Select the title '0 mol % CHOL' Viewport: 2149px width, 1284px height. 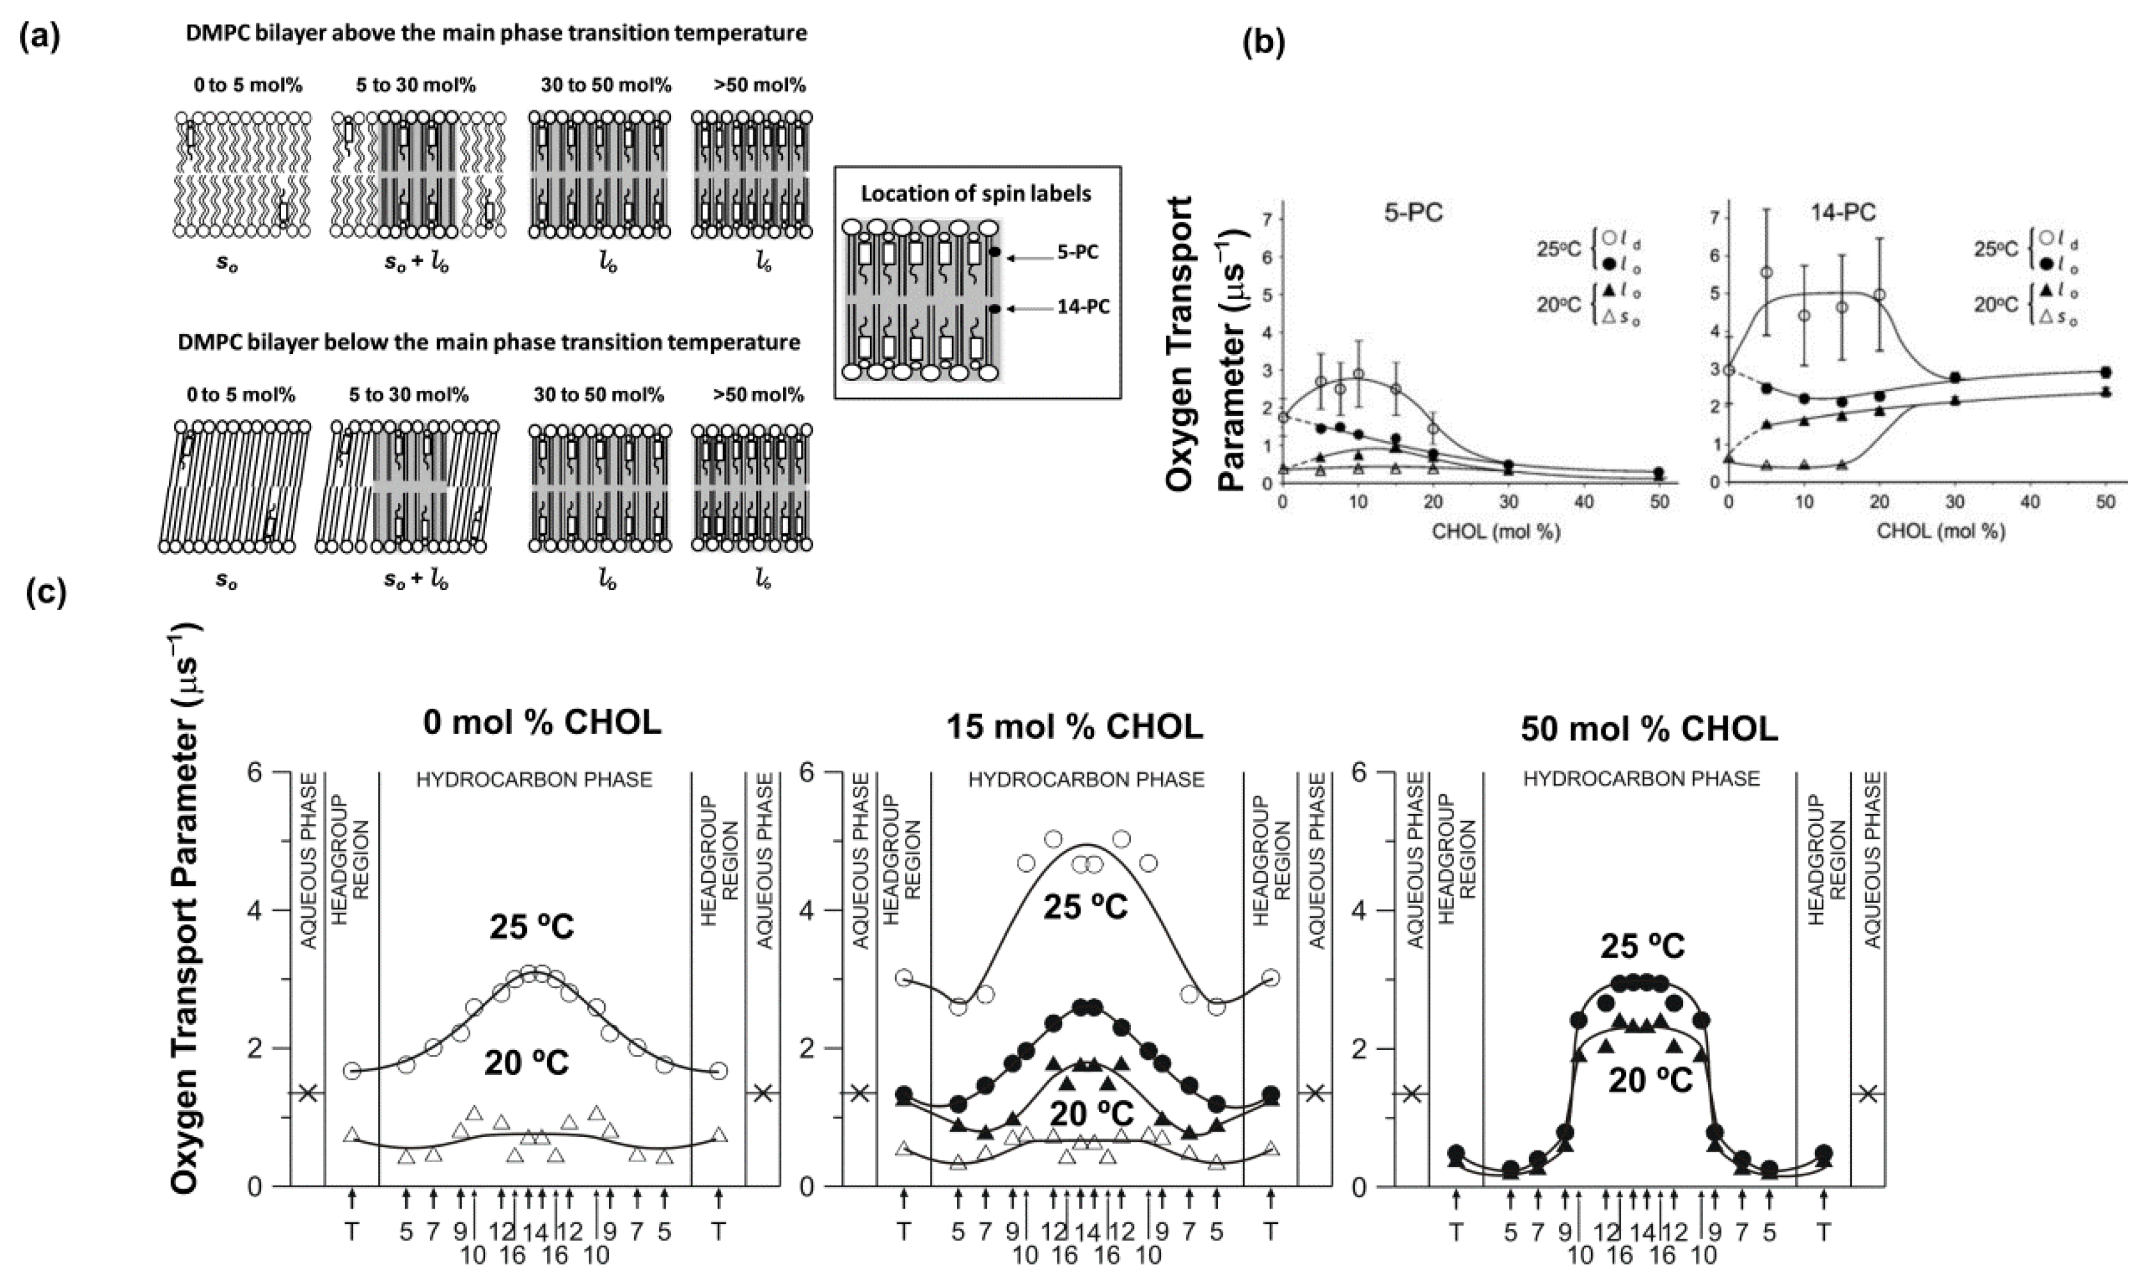coord(542,722)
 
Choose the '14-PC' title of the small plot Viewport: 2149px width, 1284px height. coord(1843,213)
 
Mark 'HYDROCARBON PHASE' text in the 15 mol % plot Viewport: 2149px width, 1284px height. coord(1086,780)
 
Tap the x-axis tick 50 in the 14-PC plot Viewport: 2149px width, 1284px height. coord(2106,502)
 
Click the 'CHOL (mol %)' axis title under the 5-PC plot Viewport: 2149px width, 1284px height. coord(1497,531)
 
